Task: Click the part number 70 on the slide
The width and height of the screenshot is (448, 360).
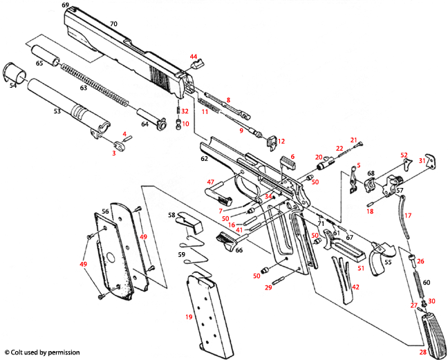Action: click(114, 24)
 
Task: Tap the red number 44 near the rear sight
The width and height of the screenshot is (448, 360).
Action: click(194, 57)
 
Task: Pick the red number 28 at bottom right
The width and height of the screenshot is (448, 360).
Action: click(422, 352)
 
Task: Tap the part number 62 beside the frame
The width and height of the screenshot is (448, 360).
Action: click(204, 159)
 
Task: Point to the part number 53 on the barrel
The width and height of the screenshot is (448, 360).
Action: click(57, 110)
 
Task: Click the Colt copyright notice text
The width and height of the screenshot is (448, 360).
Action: click(41, 352)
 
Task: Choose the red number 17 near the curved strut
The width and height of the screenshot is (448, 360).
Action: click(408, 216)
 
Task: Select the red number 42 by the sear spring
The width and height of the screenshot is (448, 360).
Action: click(355, 287)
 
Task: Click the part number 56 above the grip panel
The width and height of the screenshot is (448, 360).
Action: click(105, 211)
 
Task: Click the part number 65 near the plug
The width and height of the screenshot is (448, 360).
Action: click(39, 64)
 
